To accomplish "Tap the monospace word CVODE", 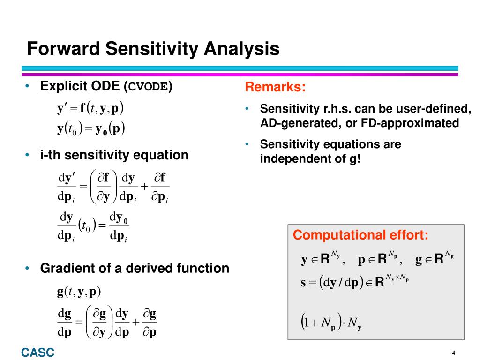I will pos(149,87).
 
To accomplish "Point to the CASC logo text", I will pos(37,352).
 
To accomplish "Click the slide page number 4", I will pos(454,352).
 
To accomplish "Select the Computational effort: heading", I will pos(360,235).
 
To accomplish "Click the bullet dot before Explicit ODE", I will pos(28,86).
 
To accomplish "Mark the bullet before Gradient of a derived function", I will pos(28,268).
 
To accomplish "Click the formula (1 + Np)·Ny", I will pos(330,323).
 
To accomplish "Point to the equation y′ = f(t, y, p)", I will pos(90,109).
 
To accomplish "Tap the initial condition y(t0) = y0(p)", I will pos(91,129).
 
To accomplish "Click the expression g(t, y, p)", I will pos(79,292).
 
